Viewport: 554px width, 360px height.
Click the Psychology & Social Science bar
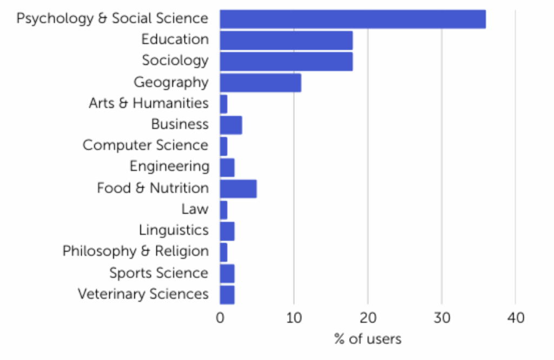[352, 19]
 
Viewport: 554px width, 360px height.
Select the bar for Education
[286, 40]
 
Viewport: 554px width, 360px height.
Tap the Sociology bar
[286, 61]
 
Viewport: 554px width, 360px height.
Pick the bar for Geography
[260, 83]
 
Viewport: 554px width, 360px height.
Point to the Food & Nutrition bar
[238, 189]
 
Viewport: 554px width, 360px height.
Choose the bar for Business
[230, 125]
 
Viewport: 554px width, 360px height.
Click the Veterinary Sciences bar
[227, 295]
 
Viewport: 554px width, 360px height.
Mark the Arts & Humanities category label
[149, 103]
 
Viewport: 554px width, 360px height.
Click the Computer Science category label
[146, 145]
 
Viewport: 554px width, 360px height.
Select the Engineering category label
[169, 166]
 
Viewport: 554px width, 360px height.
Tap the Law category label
[195, 209]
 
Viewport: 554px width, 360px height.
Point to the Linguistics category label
[174, 230]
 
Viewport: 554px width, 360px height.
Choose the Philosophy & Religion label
[135, 251]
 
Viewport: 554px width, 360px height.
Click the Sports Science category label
[159, 273]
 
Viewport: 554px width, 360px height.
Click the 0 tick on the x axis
[220, 318]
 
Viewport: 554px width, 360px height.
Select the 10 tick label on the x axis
[294, 318]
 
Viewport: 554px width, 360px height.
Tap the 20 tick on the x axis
[368, 318]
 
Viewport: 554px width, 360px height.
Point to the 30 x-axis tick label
[441, 318]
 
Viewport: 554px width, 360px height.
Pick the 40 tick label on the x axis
[516, 318]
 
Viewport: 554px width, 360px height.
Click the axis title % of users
[368, 339]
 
